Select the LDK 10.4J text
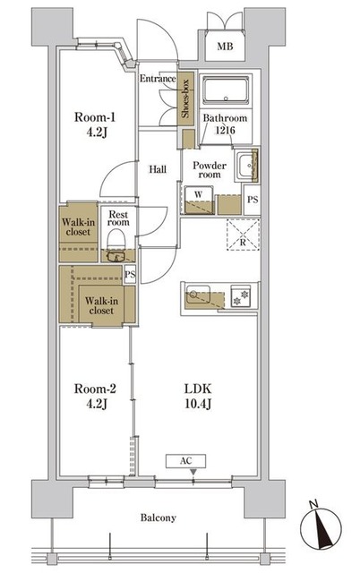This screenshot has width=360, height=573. coord(198,396)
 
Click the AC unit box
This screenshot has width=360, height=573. coord(185,461)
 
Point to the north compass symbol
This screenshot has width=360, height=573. coord(321,527)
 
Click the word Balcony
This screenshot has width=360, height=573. coord(159,517)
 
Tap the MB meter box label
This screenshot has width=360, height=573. coord(225,47)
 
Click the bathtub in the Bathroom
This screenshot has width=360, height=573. coord(226,90)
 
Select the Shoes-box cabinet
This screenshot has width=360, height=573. coord(185,98)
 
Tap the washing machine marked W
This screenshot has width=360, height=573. coord(199,201)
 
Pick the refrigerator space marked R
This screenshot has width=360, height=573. coord(243,235)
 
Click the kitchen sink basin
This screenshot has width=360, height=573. coord(198,295)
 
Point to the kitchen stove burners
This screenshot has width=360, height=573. coord(241,295)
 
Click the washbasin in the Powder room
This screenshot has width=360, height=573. coord(245,167)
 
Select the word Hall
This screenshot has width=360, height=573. coord(158,169)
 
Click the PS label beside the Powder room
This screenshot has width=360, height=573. coord(253,200)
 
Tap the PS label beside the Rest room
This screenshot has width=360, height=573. coord(130,275)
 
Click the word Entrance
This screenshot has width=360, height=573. coord(158,79)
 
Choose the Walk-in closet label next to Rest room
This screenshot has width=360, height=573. coord(78,227)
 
